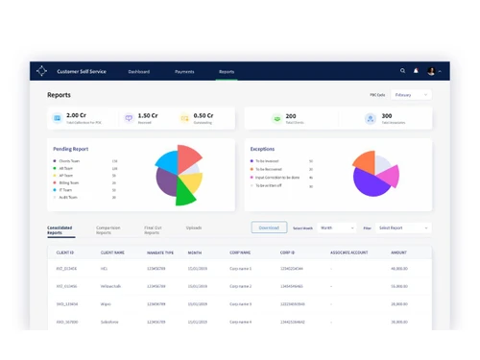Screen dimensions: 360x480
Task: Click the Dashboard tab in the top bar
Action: pyautogui.click(x=139, y=71)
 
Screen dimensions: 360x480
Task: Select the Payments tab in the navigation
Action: pyautogui.click(x=184, y=71)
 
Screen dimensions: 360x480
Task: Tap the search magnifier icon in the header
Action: pyautogui.click(x=402, y=71)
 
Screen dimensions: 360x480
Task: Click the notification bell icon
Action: pyautogui.click(x=416, y=71)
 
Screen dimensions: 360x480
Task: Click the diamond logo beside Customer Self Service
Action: pyautogui.click(x=41, y=71)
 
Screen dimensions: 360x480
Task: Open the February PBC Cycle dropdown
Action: pyautogui.click(x=410, y=95)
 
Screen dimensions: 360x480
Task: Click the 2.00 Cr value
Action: pyautogui.click(x=76, y=115)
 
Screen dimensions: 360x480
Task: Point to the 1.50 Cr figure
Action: pyautogui.click(x=148, y=115)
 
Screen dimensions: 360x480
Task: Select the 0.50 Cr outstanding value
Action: pyautogui.click(x=204, y=115)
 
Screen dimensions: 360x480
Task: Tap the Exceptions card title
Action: pyautogui.click(x=262, y=149)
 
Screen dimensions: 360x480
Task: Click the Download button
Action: pyautogui.click(x=269, y=228)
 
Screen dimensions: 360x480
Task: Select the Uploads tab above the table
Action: pyautogui.click(x=194, y=228)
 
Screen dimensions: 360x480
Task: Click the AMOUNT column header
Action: pyautogui.click(x=399, y=252)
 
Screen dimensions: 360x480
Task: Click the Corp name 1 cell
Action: pyautogui.click(x=240, y=269)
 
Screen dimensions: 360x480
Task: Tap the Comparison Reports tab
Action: pyautogui.click(x=108, y=230)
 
